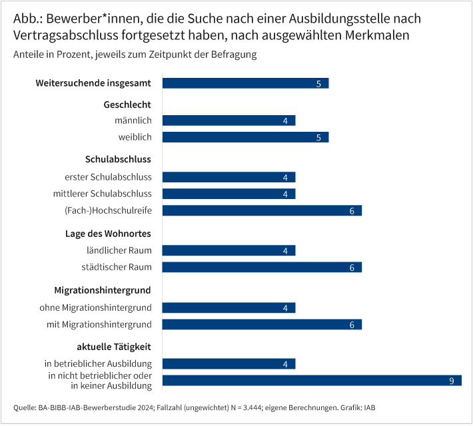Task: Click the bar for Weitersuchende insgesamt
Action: tap(245, 83)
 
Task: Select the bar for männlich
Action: tap(229, 120)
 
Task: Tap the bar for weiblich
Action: tap(245, 137)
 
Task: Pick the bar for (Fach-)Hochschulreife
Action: tap(262, 210)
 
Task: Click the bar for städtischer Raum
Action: tap(262, 267)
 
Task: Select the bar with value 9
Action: tap(312, 381)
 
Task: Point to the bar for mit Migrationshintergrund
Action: tap(262, 324)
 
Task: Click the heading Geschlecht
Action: tap(127, 105)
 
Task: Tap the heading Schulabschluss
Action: tap(118, 159)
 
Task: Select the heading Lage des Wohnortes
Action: tap(108, 234)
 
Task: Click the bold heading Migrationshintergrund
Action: tap(103, 290)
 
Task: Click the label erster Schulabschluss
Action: tap(108, 177)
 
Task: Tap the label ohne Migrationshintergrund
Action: tap(95, 308)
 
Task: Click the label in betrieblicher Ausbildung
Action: tap(98, 364)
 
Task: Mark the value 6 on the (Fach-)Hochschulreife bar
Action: tap(352, 211)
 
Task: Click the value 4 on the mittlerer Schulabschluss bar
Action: tap(285, 194)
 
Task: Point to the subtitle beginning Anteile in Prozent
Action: tap(135, 55)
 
